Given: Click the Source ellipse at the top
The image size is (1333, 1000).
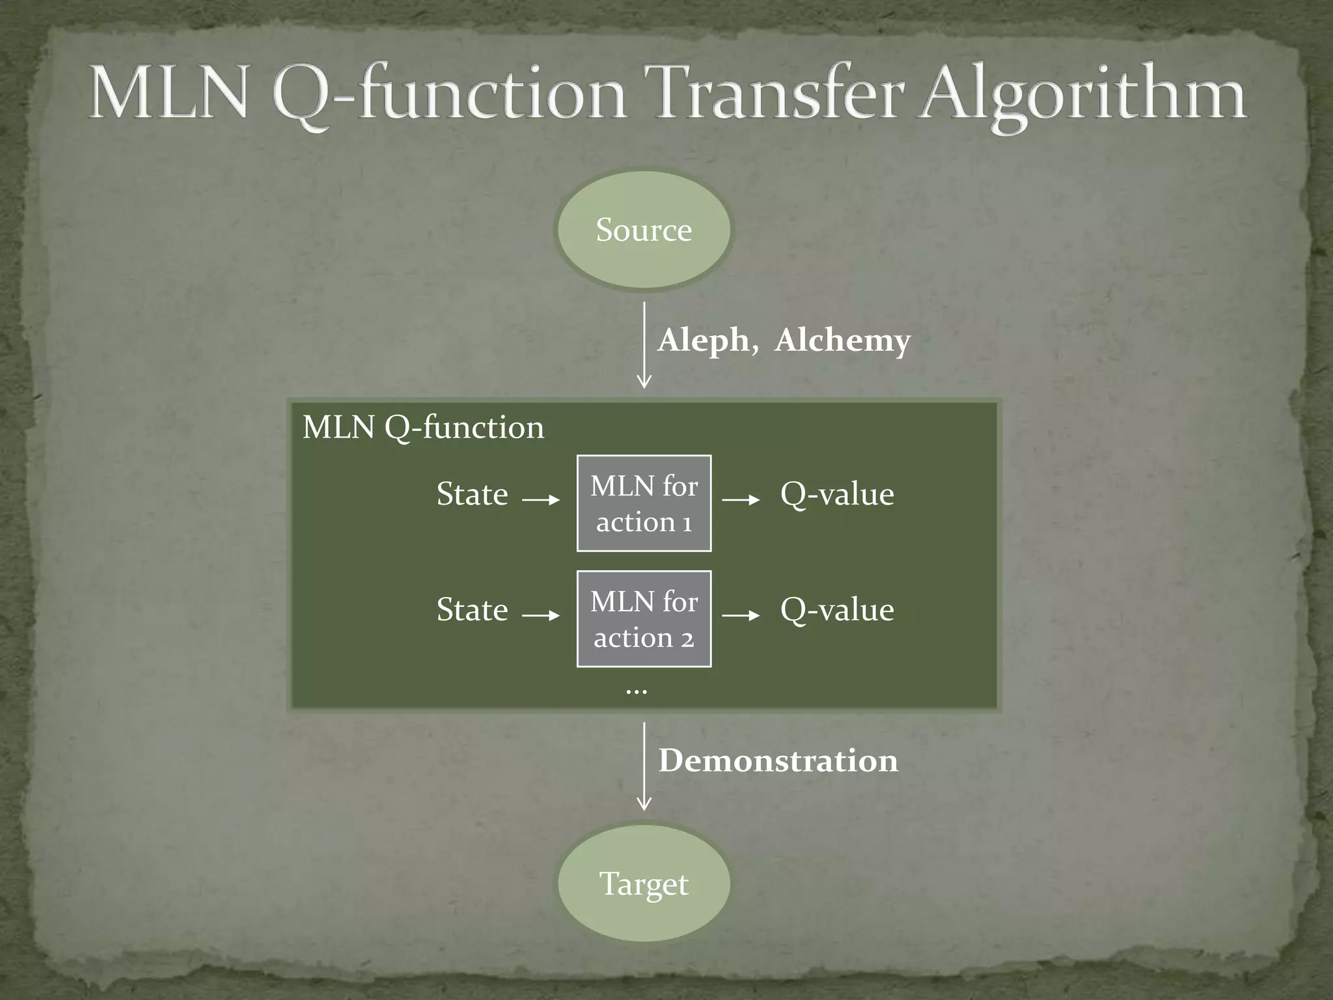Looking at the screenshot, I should click(x=643, y=229).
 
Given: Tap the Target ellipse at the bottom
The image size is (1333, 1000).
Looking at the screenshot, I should click(x=643, y=883).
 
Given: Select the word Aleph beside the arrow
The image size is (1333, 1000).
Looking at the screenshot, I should click(x=704, y=340).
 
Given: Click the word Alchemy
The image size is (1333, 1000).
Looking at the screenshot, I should click(x=842, y=340).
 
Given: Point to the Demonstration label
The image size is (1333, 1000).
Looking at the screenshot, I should click(x=778, y=760).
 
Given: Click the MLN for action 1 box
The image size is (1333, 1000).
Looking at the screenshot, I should click(x=644, y=503).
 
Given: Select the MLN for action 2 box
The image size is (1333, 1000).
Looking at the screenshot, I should click(x=644, y=618).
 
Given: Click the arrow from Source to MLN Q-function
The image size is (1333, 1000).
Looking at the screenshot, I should click(x=644, y=345).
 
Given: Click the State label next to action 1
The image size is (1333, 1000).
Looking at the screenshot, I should click(x=472, y=494).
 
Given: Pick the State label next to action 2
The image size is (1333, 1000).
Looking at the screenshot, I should click(x=472, y=610).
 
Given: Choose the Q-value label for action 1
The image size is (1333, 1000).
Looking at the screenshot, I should click(x=837, y=494).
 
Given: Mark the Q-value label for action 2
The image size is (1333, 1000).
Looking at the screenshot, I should click(x=837, y=610).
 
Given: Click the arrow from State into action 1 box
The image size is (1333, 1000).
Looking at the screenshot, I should click(x=542, y=500).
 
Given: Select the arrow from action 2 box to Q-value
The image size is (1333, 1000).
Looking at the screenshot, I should click(x=741, y=615).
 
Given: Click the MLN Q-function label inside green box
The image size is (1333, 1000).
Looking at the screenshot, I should click(x=423, y=428).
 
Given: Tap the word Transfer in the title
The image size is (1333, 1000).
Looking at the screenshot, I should click(x=778, y=94).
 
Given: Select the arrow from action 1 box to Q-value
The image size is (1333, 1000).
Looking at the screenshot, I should click(x=741, y=500).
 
